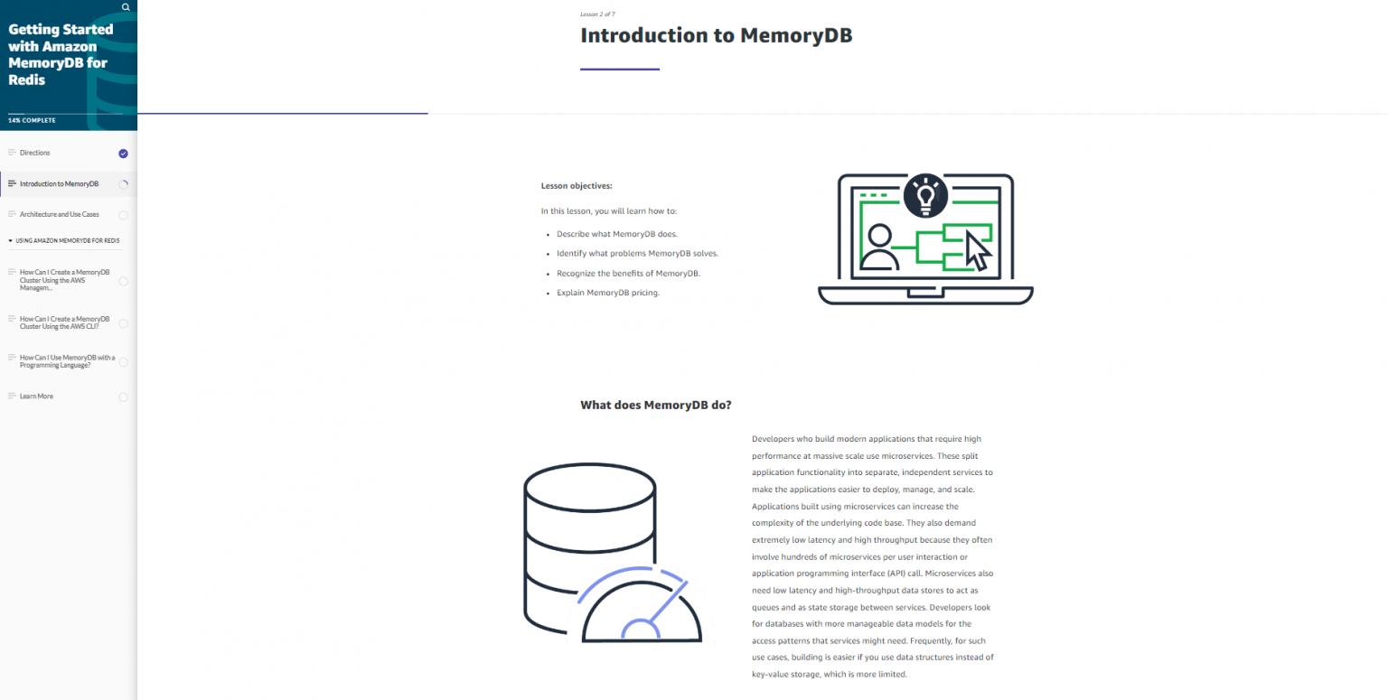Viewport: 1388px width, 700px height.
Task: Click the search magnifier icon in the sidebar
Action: click(126, 7)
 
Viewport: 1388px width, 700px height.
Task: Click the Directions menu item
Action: click(35, 154)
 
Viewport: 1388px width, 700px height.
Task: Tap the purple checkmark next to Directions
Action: click(123, 154)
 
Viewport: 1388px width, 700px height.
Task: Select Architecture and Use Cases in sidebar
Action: click(60, 215)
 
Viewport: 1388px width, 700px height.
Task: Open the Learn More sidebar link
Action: click(36, 397)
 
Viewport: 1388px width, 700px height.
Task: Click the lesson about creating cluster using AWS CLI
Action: click(64, 322)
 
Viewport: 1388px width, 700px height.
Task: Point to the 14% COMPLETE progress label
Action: click(32, 120)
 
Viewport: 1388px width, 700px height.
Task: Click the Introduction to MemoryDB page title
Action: click(716, 36)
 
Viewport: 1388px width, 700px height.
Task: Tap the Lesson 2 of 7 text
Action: click(597, 14)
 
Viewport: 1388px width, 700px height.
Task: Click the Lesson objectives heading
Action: click(577, 186)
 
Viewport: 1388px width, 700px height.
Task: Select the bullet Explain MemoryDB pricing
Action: click(607, 293)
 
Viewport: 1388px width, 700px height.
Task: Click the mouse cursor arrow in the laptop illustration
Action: click(978, 250)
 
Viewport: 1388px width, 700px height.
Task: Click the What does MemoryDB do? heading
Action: click(655, 406)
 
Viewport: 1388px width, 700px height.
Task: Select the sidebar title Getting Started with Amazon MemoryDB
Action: click(61, 54)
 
